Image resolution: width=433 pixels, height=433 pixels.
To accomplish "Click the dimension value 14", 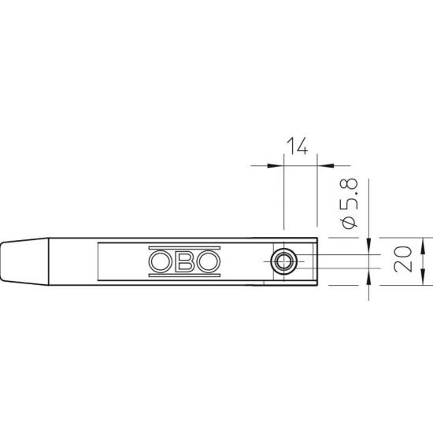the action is tap(297, 146).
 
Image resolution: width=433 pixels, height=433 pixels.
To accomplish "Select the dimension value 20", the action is tap(403, 259).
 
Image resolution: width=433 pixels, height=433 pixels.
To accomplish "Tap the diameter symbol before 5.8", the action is tap(349, 223).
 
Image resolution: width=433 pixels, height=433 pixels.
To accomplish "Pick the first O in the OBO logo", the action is tap(160, 261).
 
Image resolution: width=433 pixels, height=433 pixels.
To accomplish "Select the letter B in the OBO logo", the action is tap(184, 261).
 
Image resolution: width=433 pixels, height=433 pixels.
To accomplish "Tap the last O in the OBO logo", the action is tap(209, 261).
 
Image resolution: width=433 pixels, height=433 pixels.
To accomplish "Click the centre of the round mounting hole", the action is tap(284, 261).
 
